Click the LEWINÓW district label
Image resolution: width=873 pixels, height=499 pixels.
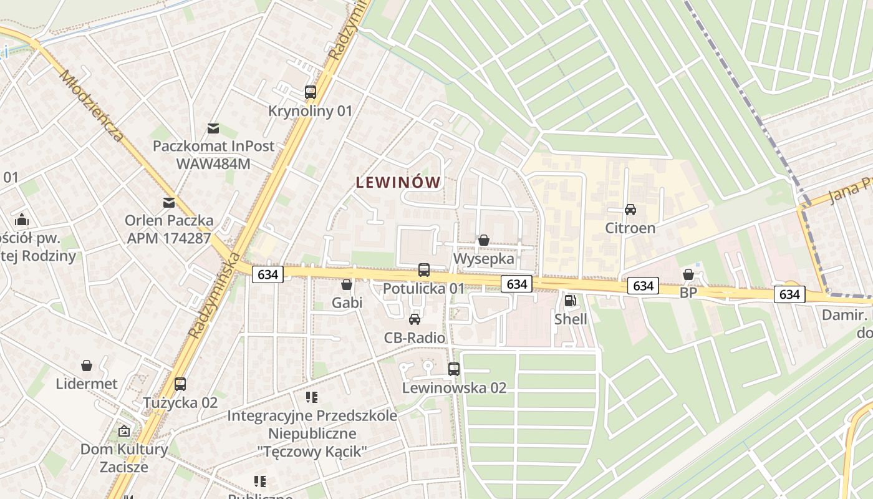[x=398, y=183]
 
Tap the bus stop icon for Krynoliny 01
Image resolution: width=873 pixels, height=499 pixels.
[x=311, y=92]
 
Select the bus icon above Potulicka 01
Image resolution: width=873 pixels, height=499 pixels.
[x=424, y=270]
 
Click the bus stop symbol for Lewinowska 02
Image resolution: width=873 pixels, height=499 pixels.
[x=454, y=369]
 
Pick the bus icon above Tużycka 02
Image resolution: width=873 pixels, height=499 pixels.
[x=180, y=384]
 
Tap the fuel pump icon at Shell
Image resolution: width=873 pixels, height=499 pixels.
[x=570, y=301]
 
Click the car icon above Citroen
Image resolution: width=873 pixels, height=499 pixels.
[x=630, y=210]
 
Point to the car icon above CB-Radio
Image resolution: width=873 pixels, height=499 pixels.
[x=414, y=319]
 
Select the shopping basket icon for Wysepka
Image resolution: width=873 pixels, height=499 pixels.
[x=483, y=240]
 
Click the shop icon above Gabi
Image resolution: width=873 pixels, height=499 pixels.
[x=347, y=284]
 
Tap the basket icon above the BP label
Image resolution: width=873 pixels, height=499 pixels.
[x=688, y=274]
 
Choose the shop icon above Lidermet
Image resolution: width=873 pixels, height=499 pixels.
[x=87, y=366]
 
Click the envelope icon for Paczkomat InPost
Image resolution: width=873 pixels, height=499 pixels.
[x=213, y=128]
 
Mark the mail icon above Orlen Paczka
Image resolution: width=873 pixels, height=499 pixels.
[x=168, y=202]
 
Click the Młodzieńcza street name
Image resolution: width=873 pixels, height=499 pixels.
[x=91, y=104]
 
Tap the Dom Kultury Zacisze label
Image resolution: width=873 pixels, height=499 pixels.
[x=123, y=458]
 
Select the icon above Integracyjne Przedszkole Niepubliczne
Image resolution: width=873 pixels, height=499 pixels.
[x=312, y=397]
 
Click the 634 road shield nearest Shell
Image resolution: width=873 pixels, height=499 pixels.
[x=517, y=284]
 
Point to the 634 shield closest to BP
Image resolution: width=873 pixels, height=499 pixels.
[x=643, y=286]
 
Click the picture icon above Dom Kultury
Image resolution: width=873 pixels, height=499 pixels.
[x=124, y=431]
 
